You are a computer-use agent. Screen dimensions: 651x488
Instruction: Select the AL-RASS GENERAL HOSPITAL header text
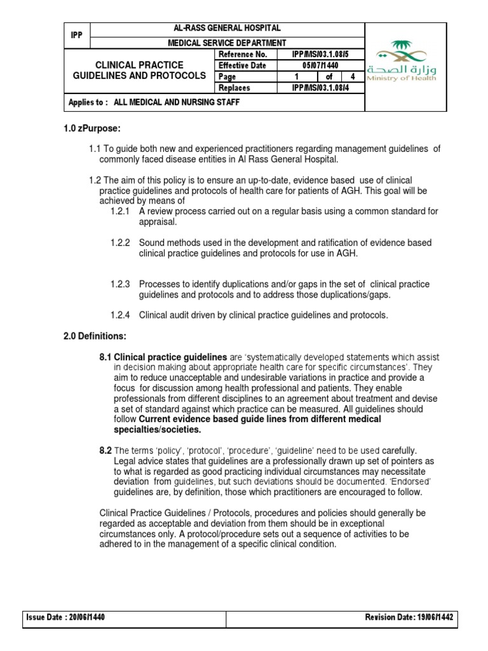[227, 29]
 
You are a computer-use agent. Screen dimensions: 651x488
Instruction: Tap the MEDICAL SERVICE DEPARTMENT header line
[227, 43]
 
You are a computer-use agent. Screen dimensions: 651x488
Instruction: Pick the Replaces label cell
[234, 88]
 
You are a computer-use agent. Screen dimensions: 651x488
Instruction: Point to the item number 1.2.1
[119, 211]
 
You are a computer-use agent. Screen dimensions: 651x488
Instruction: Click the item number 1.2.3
[119, 284]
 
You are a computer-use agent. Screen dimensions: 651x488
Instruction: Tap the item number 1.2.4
[119, 315]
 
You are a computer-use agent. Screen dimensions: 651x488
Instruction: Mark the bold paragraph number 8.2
[105, 451]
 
